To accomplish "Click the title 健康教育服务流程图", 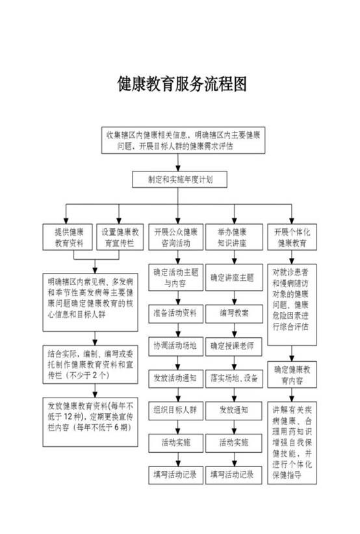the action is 182,84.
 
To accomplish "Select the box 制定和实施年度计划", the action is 179,179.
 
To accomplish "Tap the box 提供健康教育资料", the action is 68,237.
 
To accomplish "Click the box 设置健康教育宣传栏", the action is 120,237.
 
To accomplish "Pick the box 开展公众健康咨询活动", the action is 175,237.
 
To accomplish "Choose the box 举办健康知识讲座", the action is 234,237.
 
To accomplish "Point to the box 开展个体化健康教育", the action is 292,237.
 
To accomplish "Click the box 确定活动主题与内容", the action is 175,277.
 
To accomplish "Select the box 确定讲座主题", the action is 234,277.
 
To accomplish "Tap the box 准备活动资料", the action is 175,313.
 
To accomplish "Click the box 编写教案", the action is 234,313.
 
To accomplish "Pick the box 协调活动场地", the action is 175,346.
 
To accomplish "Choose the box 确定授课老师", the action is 234,346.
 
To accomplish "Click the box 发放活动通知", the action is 175,378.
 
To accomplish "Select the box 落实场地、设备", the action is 234,378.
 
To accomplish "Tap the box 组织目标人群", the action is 175,411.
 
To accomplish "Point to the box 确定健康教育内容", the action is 292,375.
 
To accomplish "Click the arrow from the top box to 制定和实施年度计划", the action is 178,163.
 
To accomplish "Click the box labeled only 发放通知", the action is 234,411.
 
